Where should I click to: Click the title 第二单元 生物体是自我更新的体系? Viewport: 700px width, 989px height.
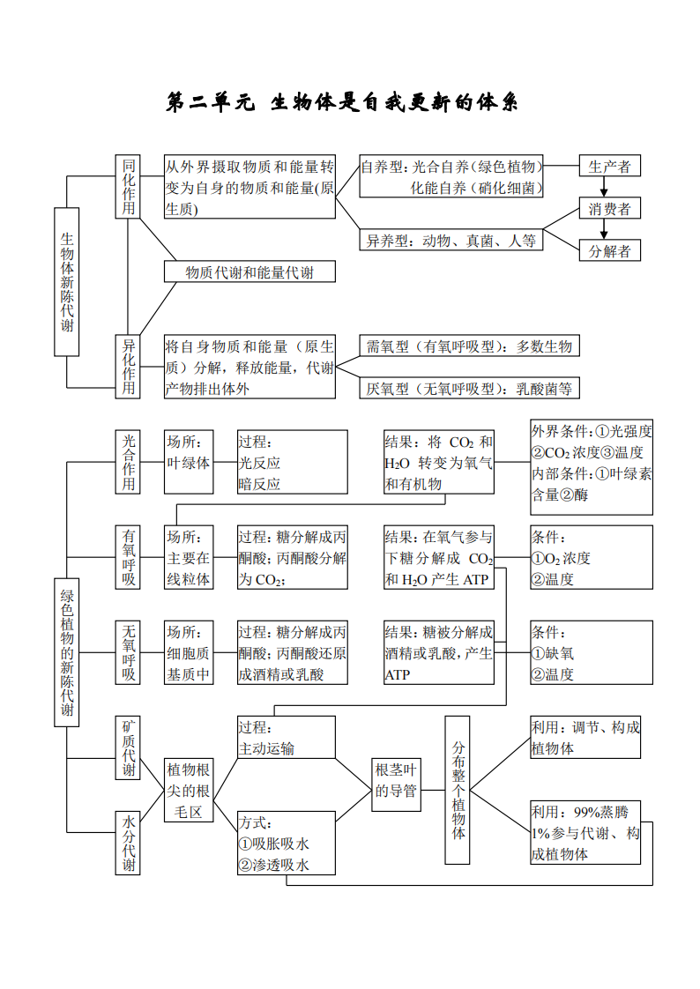pos(342,103)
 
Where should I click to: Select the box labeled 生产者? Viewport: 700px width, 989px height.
pos(609,166)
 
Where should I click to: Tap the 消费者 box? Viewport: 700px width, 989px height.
pos(609,209)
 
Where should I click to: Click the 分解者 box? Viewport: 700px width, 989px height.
pos(609,251)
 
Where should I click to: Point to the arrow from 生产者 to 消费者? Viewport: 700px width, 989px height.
pos(604,187)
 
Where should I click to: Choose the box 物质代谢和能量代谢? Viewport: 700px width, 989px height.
pos(249,272)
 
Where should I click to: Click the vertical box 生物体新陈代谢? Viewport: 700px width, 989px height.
pos(66,282)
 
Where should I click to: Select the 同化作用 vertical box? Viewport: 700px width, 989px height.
pos(129,186)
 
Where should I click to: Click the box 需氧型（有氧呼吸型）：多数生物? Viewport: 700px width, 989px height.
pos(469,346)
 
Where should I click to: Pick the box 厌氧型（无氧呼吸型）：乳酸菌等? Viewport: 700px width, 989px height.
pos(469,388)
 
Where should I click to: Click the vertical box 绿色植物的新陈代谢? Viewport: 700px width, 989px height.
pos(66,652)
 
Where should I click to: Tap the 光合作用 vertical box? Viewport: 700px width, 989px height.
pos(129,462)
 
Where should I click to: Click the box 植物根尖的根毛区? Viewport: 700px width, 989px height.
pos(189,790)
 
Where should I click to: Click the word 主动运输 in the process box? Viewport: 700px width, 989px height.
pos(266,748)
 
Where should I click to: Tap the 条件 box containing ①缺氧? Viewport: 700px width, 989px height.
pos(591,653)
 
